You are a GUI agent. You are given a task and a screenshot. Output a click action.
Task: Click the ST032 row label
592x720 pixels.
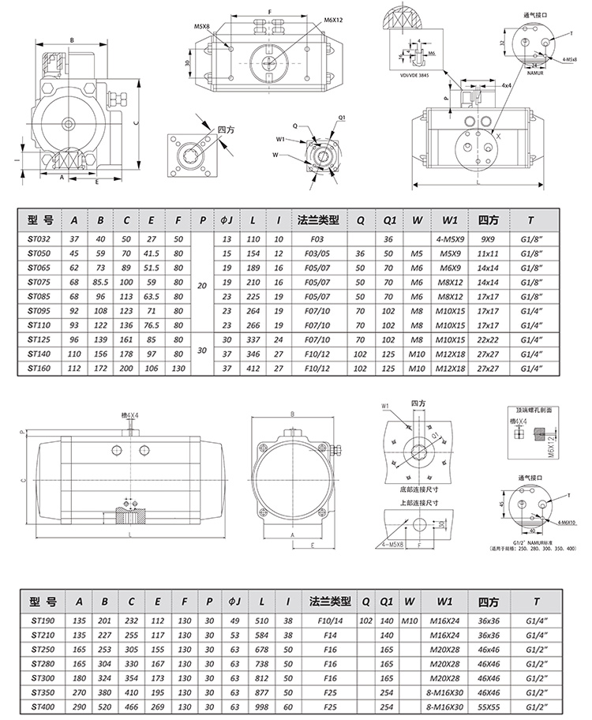[x=38, y=238]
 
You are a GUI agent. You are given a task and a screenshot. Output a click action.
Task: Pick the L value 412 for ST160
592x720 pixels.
[x=253, y=367]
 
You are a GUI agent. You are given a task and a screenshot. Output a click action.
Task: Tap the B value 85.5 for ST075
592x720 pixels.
[x=100, y=280]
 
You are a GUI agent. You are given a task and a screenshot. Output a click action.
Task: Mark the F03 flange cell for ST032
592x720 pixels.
[x=317, y=238]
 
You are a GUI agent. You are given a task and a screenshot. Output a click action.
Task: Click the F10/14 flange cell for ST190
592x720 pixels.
[x=325, y=621]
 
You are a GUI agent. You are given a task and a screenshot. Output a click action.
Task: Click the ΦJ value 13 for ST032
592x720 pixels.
[x=227, y=238]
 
